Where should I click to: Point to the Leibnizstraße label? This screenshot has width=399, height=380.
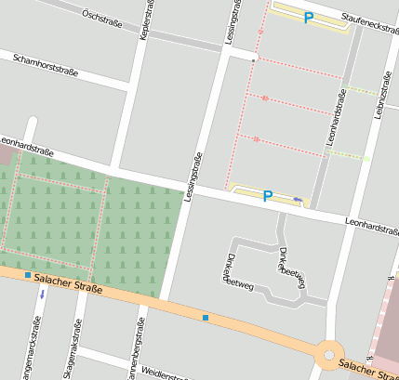[381, 93]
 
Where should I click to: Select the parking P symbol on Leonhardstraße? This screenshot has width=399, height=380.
[268, 196]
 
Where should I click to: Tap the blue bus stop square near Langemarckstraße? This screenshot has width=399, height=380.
[29, 276]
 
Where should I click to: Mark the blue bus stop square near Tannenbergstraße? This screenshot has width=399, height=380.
[206, 319]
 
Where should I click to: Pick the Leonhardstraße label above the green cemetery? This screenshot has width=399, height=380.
[28, 144]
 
